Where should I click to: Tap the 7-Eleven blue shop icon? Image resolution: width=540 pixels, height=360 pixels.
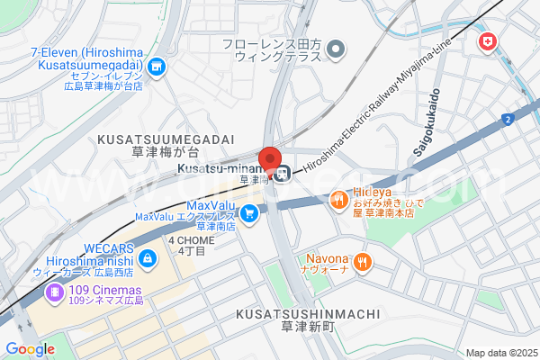157,66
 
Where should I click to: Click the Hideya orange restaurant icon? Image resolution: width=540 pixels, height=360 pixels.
339,199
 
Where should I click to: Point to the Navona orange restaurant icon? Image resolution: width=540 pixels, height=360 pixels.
363,262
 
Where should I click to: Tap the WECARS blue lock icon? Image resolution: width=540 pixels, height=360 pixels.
147,259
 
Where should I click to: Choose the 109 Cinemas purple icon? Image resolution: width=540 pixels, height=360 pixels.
56,292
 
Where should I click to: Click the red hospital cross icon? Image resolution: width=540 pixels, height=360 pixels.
487,41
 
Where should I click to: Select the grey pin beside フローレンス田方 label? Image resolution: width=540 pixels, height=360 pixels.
337,49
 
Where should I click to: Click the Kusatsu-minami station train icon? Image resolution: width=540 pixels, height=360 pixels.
282,174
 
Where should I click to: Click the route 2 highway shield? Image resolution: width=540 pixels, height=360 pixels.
509,119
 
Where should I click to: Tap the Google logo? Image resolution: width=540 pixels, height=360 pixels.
29,348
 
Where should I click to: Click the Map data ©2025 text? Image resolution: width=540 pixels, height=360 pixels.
500,352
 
